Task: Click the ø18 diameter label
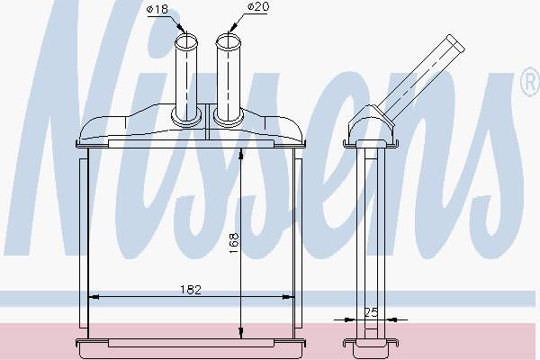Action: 157,9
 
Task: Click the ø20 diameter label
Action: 258,6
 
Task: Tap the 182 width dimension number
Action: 191,290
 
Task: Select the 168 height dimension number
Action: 234,244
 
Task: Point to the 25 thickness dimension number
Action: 371,312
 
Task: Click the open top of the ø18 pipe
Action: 186,41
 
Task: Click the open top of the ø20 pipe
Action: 228,41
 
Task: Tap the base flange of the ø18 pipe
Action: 186,117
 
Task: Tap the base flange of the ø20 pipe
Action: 229,117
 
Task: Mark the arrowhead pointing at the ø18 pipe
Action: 182,27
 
